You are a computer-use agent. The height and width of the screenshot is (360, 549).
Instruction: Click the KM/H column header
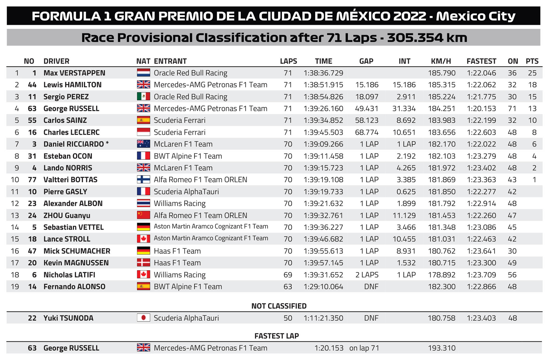pyautogui.click(x=441, y=61)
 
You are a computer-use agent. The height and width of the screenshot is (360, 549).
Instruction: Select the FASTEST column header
pyautogui.click(x=481, y=61)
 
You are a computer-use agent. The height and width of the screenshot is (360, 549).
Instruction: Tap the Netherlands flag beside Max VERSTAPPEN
pyautogui.click(x=143, y=73)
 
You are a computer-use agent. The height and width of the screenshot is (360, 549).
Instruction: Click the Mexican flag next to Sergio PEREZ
pyautogui.click(x=143, y=96)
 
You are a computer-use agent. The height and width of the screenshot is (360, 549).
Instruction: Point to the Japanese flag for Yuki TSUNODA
pyautogui.click(x=143, y=318)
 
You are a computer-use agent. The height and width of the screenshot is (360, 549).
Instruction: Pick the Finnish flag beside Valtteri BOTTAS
pyautogui.click(x=143, y=180)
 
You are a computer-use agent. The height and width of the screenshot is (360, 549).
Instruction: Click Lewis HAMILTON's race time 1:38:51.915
pyautogui.click(x=323, y=85)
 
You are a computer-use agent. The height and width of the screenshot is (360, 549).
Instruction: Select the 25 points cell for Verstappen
pyautogui.click(x=532, y=73)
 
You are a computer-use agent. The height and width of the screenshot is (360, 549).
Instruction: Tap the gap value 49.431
pyautogui.click(x=367, y=108)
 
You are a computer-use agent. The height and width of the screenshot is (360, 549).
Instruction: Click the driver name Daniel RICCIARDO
pyautogui.click(x=74, y=144)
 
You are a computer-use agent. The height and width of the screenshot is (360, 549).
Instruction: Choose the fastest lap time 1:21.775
pyautogui.click(x=481, y=97)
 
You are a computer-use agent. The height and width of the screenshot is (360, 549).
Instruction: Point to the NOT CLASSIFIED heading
pyautogui.click(x=279, y=306)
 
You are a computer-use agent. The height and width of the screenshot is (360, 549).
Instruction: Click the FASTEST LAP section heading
pyautogui.click(x=277, y=336)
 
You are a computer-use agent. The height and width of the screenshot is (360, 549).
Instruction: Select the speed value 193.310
pyautogui.click(x=442, y=348)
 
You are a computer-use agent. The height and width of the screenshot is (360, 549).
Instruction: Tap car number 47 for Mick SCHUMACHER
pyautogui.click(x=32, y=251)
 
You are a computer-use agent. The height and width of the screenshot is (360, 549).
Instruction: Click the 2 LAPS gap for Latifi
pyautogui.click(x=367, y=275)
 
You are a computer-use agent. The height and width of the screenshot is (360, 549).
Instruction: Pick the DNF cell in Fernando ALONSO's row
pyautogui.click(x=371, y=287)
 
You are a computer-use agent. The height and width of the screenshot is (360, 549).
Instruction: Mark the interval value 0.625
pyautogui.click(x=406, y=192)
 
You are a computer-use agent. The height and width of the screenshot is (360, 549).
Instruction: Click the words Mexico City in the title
pyautogui.click(x=476, y=16)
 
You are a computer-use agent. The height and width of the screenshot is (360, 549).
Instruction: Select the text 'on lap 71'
pyautogui.click(x=364, y=348)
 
